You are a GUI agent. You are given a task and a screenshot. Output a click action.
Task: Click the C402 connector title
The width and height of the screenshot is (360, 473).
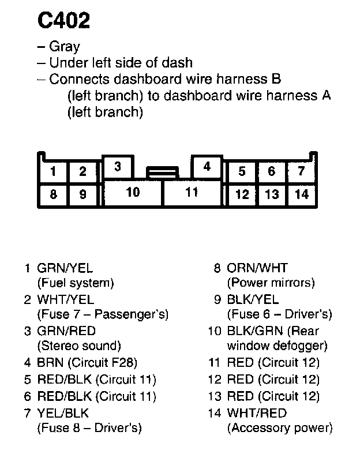[x=64, y=21]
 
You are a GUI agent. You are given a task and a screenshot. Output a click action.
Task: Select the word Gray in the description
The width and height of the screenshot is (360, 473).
[x=65, y=47]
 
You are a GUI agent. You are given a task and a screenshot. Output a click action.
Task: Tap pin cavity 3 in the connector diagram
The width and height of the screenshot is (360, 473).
[x=117, y=167]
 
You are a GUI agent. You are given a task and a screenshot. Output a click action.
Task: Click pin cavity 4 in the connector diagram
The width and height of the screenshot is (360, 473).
[x=207, y=167]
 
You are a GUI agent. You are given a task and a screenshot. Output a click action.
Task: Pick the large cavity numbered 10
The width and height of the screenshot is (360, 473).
[x=133, y=192]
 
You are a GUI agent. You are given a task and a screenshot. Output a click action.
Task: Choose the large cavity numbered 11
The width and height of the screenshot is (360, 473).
[x=192, y=192]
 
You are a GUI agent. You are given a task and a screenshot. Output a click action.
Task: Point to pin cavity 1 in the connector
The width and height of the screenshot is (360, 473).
[x=53, y=171]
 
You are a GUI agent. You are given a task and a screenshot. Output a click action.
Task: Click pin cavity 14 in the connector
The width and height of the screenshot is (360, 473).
[x=302, y=194]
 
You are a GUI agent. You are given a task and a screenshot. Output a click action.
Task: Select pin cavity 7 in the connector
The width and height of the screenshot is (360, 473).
[x=301, y=171]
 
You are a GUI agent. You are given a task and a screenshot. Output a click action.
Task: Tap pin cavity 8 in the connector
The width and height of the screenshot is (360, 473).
[x=53, y=194]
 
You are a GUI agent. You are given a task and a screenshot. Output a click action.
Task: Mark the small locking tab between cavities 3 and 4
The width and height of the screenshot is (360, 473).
[x=162, y=172]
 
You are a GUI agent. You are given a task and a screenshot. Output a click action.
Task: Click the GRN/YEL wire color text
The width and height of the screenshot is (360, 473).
[x=65, y=268]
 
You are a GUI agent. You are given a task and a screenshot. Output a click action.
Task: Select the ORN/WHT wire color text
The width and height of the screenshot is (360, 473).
[x=257, y=268]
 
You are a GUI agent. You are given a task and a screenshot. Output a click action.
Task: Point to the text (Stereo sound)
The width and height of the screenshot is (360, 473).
[x=79, y=346]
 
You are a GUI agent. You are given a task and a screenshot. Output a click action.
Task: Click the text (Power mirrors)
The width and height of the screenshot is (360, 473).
[x=271, y=283]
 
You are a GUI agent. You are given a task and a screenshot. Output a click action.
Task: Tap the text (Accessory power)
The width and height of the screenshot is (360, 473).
[x=280, y=428]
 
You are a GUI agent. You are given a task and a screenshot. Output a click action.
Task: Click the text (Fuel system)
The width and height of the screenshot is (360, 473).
[x=76, y=283]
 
